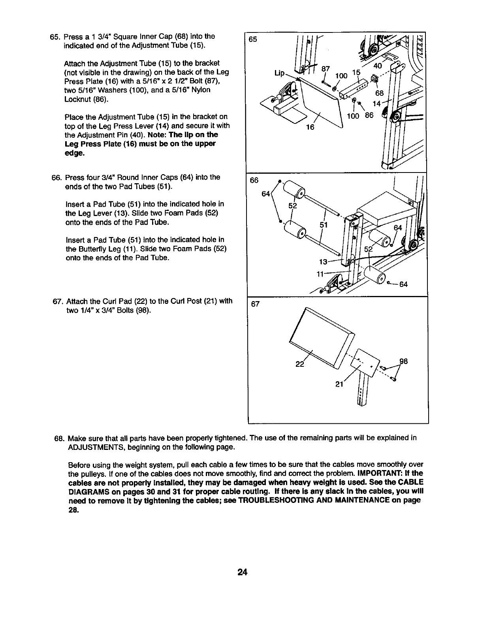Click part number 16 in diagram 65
click(311, 127)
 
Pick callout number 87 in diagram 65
click(326, 69)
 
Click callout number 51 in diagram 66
click(324, 225)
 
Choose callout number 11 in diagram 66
click(321, 273)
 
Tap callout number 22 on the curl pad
click(299, 364)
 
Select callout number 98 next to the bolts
click(403, 361)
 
